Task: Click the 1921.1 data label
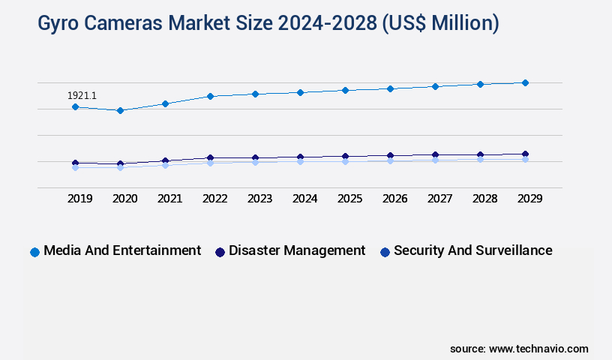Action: point(82,96)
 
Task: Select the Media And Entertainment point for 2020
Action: point(120,110)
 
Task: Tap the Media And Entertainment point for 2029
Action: point(525,82)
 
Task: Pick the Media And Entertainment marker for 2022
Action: point(210,96)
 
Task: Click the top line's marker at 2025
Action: point(345,90)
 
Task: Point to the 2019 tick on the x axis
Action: point(79,199)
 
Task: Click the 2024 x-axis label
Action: point(304,199)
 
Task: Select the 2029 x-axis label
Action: point(529,199)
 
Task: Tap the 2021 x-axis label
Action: point(169,199)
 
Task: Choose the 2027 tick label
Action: point(439,199)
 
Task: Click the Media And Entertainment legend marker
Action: point(34,252)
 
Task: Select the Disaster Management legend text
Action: point(297,250)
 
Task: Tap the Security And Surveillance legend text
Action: point(472,250)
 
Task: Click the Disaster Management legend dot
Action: point(220,252)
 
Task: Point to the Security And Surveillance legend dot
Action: point(385,252)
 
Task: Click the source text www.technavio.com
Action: point(538,349)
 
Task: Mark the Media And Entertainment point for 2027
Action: point(435,86)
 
